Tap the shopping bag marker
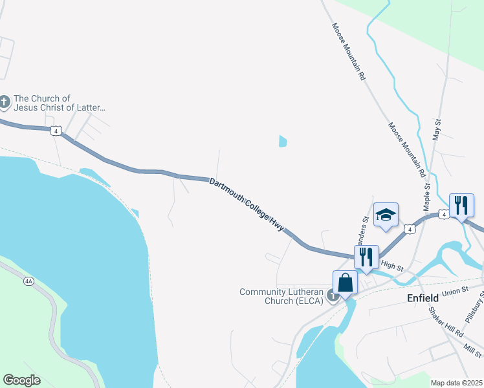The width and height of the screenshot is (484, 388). (x=346, y=283)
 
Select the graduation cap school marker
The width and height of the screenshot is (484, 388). (x=386, y=215)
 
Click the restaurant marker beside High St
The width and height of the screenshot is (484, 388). (x=366, y=257)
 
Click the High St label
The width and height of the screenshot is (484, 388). (x=392, y=266)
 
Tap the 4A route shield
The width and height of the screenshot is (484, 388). (x=28, y=281)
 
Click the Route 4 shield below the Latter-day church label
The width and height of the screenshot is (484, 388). (x=56, y=131)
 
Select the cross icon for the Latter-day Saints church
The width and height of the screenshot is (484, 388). (x=5, y=102)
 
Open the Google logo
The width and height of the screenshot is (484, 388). (x=21, y=380)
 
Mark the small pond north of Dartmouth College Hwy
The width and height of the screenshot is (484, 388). (x=283, y=140)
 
